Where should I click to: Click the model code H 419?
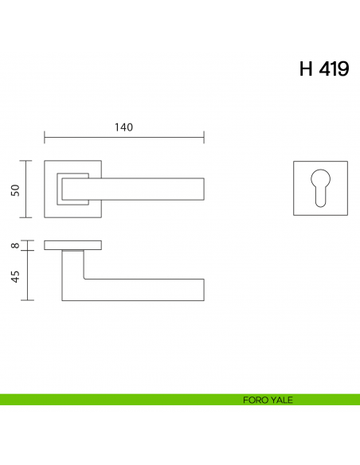[x=323, y=68]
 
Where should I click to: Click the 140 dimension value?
[x=123, y=127]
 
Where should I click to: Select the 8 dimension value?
[x=14, y=245]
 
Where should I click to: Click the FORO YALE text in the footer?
[x=267, y=400]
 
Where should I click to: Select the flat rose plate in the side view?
[x=72, y=244]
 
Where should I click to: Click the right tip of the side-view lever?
[x=202, y=290]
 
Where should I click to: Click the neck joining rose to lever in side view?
[x=73, y=253]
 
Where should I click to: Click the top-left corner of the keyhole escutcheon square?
[x=293, y=162]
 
